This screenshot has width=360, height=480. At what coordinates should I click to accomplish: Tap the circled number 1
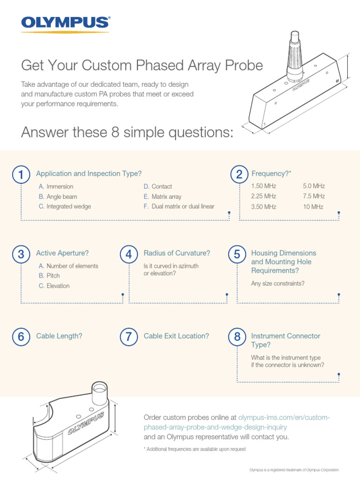21,175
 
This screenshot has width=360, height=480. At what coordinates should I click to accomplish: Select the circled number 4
128,255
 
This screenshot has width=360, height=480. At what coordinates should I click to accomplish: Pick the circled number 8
237,337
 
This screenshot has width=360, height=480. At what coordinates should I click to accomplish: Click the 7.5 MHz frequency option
314,196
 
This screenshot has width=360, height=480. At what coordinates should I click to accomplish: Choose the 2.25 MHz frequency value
263,196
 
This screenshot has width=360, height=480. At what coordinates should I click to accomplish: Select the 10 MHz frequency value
313,207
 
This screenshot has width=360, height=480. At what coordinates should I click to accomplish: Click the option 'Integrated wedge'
68,207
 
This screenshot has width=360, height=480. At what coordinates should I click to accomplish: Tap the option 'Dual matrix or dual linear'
183,207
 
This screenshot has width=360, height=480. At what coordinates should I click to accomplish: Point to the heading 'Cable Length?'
59,336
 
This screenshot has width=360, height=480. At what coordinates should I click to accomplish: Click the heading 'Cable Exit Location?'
176,336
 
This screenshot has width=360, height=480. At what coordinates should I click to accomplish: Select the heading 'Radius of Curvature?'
177,253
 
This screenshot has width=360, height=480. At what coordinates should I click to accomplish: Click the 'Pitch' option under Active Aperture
53,276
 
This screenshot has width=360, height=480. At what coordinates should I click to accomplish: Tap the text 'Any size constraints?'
277,284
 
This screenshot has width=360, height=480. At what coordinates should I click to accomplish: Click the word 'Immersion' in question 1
60,187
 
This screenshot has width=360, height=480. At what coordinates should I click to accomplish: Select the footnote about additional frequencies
195,449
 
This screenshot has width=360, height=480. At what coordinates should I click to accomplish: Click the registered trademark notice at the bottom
293,470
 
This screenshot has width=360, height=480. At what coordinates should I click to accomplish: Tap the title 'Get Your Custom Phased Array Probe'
142,66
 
